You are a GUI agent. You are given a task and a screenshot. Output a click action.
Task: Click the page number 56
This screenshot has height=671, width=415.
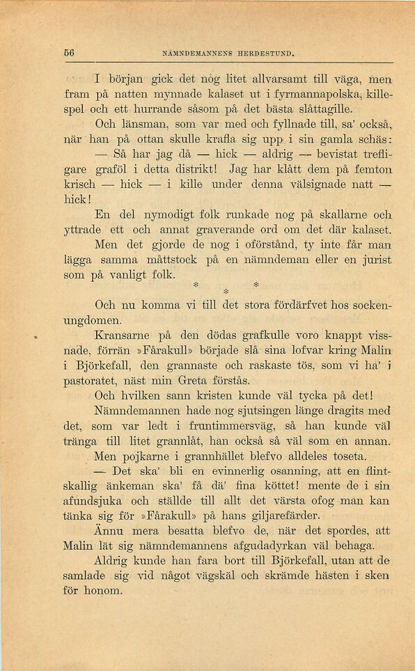point(70,52)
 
